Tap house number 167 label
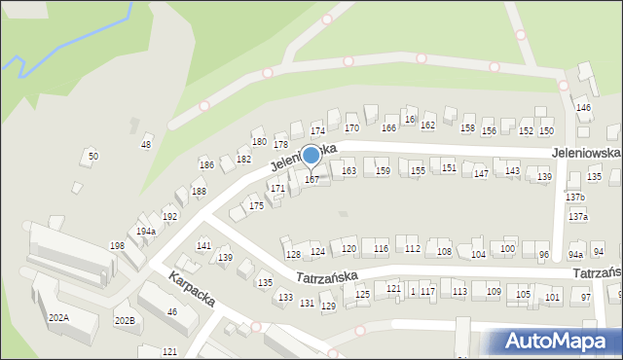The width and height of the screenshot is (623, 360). (311, 179)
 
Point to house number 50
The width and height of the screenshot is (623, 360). (93, 156)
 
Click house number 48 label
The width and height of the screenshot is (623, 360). (146, 145)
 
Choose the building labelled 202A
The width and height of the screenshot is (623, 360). (58, 317)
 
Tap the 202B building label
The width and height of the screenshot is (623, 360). (125, 320)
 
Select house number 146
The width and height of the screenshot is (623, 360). (583, 107)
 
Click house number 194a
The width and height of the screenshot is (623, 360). (146, 232)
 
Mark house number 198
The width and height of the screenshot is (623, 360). (117, 246)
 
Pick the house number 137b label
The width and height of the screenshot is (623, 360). (575, 198)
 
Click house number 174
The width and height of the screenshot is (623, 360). (316, 130)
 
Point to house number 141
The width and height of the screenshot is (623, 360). (203, 246)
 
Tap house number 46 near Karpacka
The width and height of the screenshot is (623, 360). (172, 311)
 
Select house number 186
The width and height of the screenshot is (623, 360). (206, 165)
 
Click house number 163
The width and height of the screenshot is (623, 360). (348, 171)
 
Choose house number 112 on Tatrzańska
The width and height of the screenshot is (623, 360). (412, 249)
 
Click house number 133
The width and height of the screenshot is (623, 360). (285, 297)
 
